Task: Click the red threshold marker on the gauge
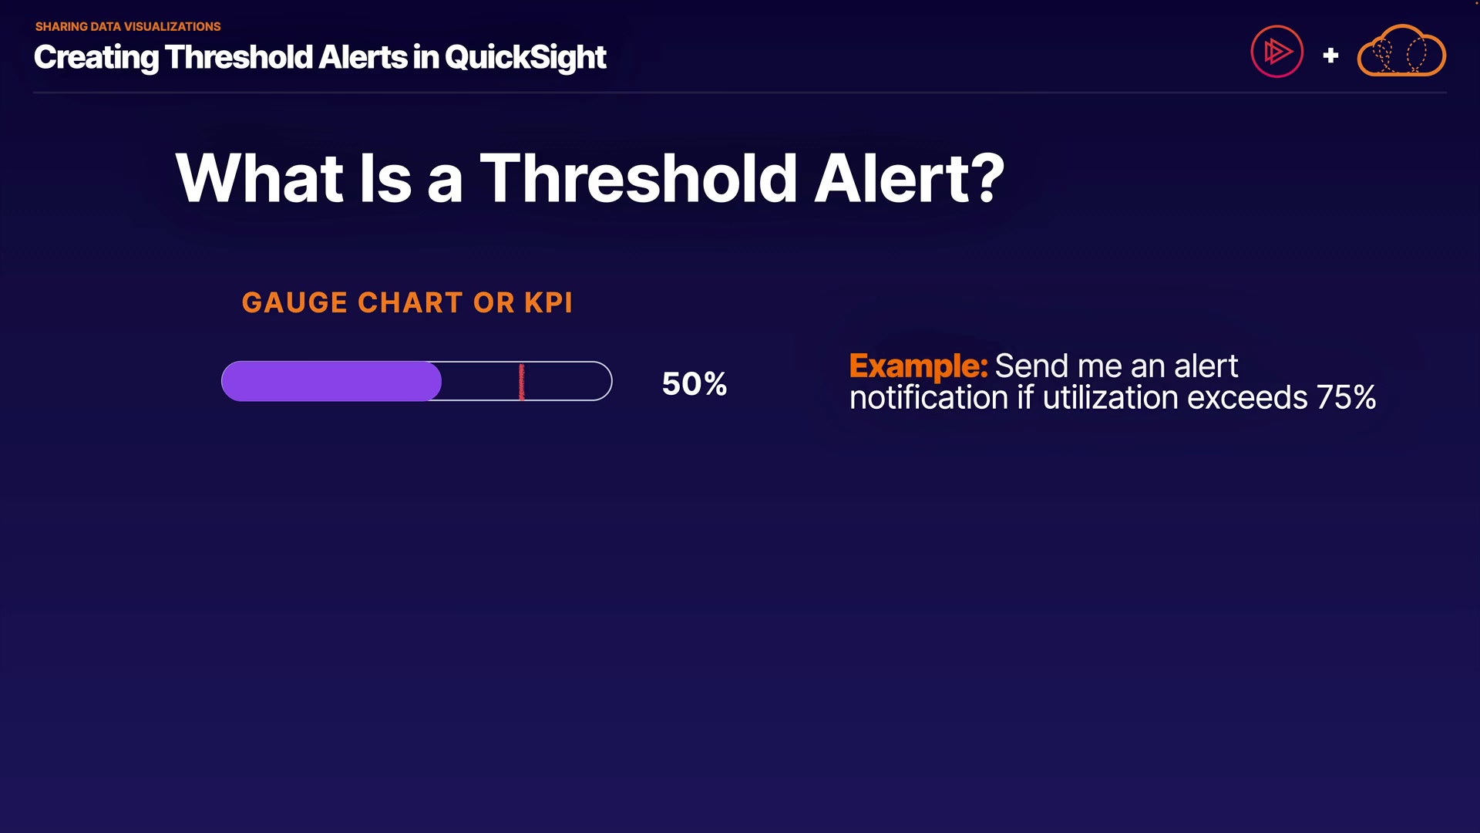tap(522, 382)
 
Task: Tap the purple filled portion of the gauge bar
tap(331, 381)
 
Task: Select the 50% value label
tap(695, 383)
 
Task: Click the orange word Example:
tap(918, 366)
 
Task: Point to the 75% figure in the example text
tap(1346, 398)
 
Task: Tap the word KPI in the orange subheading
tap(549, 302)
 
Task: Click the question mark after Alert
tap(987, 179)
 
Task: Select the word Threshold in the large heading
tap(638, 178)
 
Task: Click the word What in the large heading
tap(259, 178)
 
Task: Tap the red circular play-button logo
tap(1277, 52)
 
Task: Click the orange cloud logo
tap(1401, 51)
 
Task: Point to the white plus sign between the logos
tap(1330, 56)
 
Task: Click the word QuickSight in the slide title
tap(525, 58)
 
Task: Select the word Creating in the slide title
tap(96, 58)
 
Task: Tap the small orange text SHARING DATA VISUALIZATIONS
tap(128, 26)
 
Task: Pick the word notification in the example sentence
tap(929, 398)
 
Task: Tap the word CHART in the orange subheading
tap(411, 302)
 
